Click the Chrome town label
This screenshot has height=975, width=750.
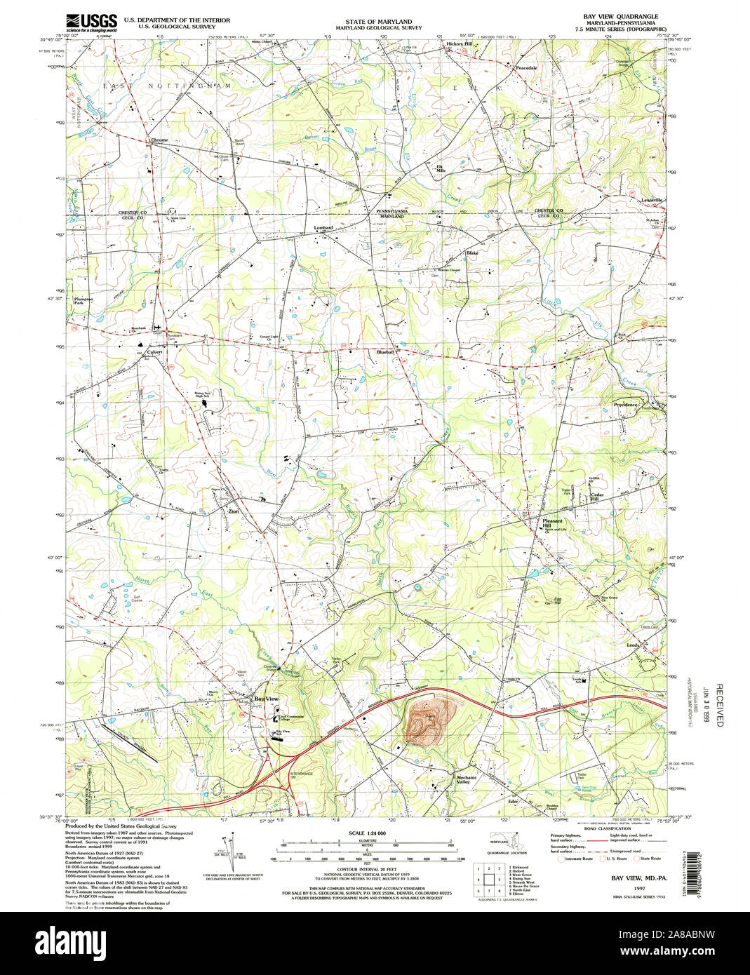(x=159, y=140)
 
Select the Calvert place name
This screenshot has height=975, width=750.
(x=154, y=352)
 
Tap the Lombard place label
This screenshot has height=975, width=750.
(x=323, y=228)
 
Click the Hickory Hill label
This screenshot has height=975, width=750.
(x=460, y=44)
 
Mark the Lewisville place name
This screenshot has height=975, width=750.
(x=652, y=200)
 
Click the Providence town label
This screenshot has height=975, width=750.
(x=625, y=405)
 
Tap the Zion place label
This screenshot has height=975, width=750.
(x=234, y=512)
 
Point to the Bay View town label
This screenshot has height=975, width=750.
(x=266, y=699)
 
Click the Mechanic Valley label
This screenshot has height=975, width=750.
(x=467, y=779)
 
